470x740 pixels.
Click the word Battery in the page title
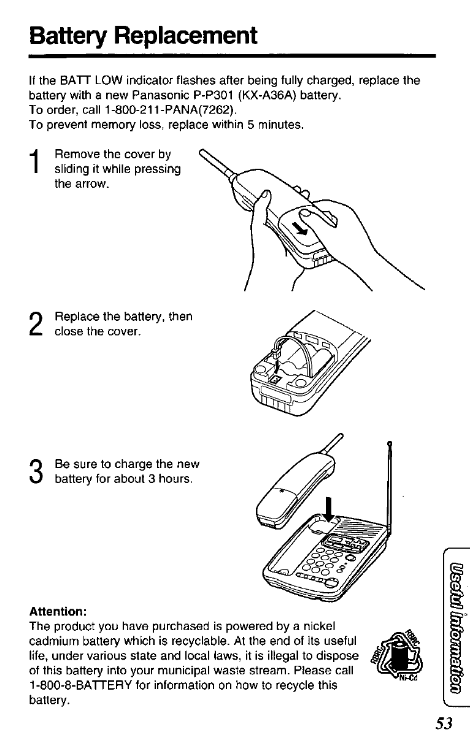click(68, 37)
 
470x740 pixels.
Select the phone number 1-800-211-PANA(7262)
click(170, 110)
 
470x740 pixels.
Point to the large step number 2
click(36, 324)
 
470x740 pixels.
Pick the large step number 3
click(36, 471)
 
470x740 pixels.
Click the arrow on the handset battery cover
click(299, 228)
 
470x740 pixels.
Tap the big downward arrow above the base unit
click(328, 509)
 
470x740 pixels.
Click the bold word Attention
click(58, 612)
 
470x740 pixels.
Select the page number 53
click(444, 723)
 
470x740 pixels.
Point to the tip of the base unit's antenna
click(390, 442)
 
